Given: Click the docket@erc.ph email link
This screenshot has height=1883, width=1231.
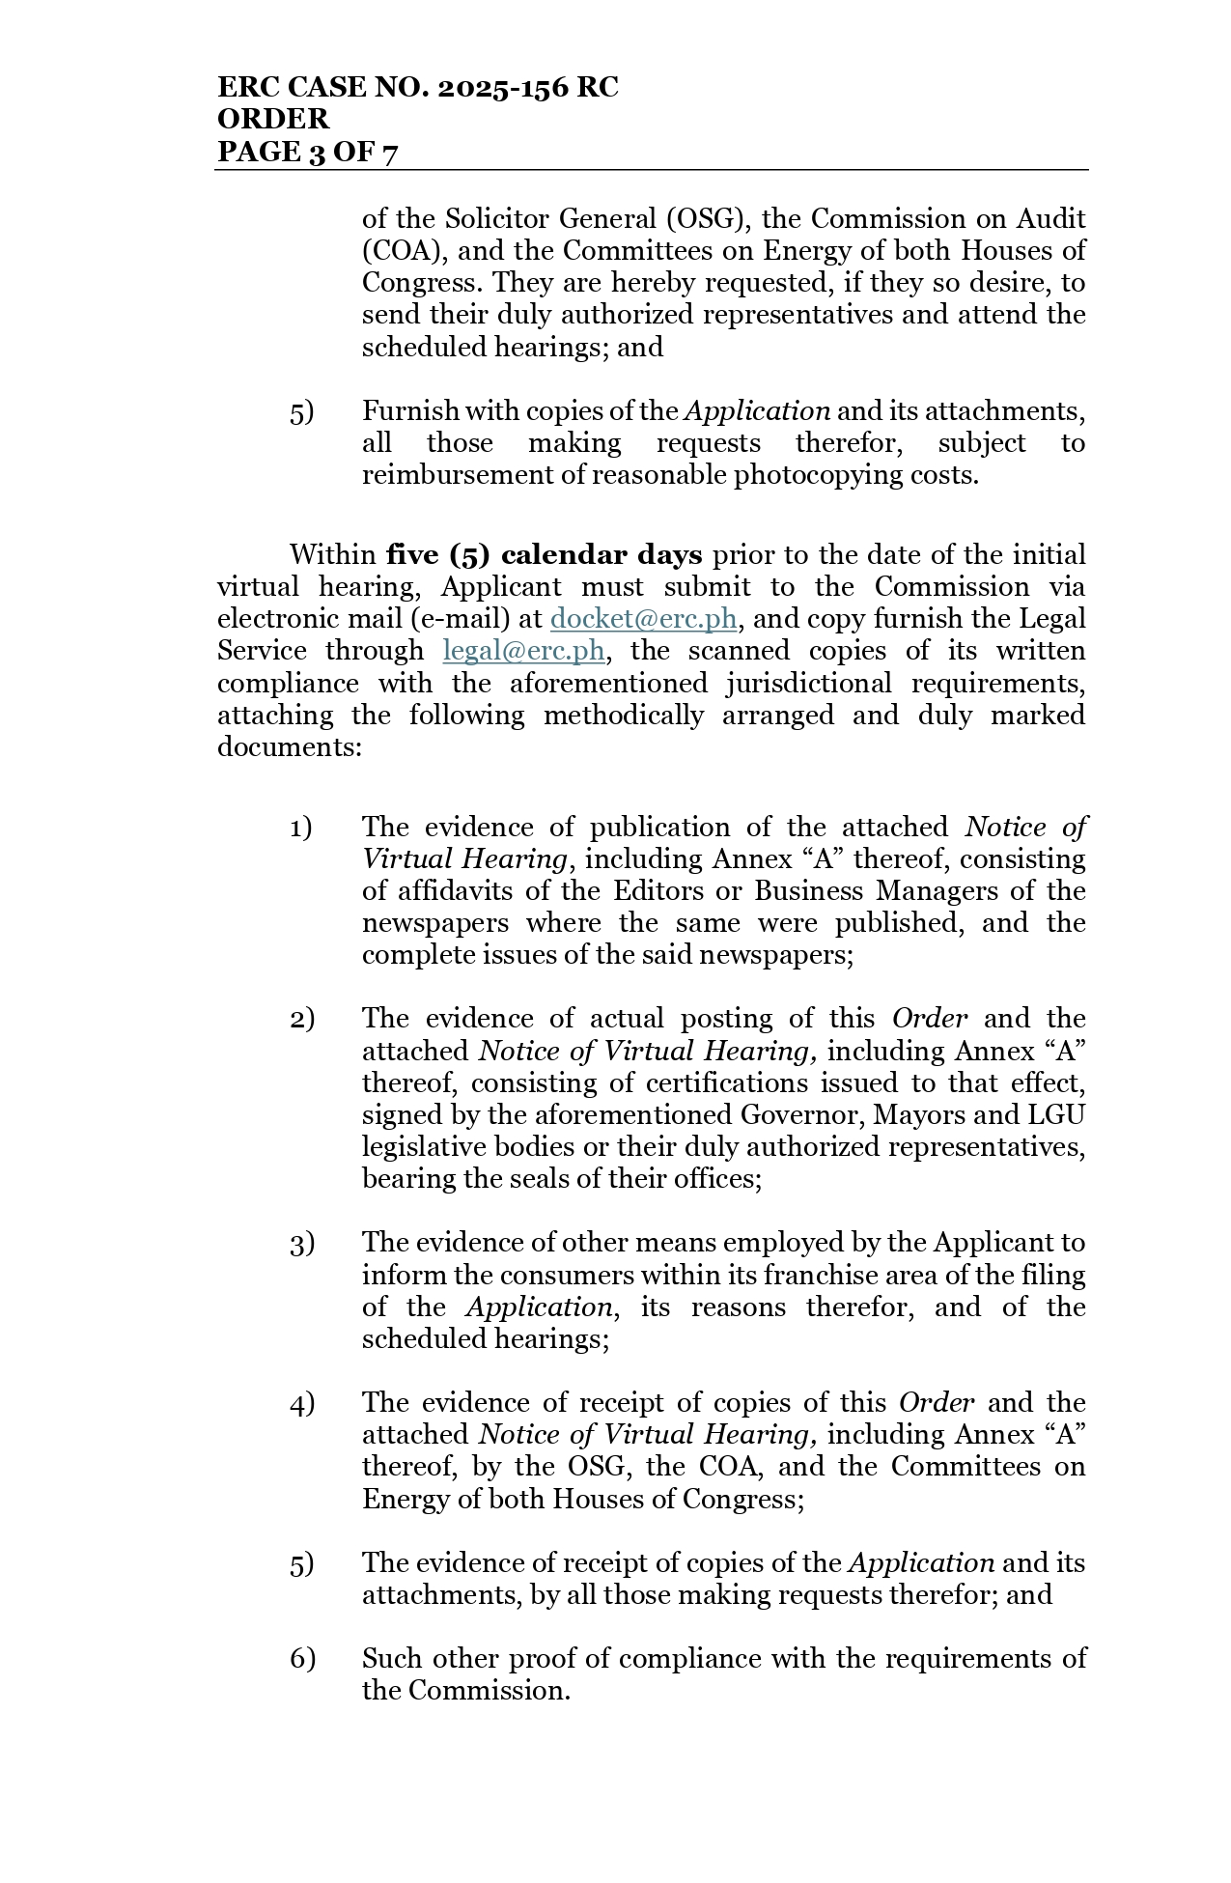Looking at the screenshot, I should point(643,619).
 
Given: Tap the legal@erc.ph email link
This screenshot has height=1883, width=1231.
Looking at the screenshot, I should point(523,651).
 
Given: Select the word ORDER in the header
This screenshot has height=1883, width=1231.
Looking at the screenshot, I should point(273,120).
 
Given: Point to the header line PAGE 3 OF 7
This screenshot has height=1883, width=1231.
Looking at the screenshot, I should point(307,152).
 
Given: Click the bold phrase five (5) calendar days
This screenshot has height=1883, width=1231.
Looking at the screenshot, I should point(544,555).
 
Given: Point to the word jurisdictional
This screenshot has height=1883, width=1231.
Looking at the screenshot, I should point(797,684).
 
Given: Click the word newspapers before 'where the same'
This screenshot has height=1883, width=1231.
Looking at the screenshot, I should point(434,923).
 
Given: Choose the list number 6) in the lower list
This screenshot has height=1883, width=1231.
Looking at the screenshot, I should point(302,1659).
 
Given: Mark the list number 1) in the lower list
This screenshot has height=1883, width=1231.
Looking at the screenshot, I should point(301,828).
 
